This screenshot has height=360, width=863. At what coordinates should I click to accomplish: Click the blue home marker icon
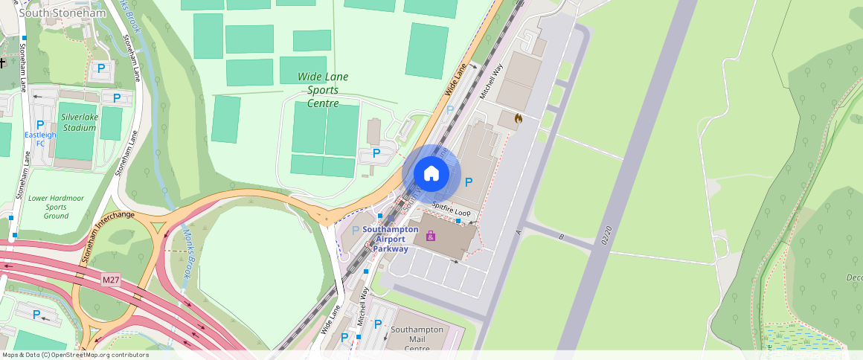[431, 173]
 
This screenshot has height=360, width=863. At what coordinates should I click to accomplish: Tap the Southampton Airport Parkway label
[391, 239]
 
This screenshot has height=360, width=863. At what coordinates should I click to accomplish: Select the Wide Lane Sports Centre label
[323, 90]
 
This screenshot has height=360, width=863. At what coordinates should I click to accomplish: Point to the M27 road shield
[111, 280]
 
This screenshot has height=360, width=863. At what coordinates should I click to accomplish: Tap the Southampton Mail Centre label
[417, 338]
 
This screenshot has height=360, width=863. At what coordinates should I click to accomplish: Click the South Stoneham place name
[51, 13]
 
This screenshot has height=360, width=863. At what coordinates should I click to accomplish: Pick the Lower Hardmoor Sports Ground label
[57, 207]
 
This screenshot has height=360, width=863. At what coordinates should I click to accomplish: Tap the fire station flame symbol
[518, 118]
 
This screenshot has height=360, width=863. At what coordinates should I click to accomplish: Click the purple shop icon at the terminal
[431, 236]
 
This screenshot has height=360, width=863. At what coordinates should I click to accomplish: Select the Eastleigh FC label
[36, 138]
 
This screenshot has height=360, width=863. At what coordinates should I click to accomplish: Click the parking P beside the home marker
[469, 182]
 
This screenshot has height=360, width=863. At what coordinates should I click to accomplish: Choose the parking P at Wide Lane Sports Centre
[376, 153]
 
